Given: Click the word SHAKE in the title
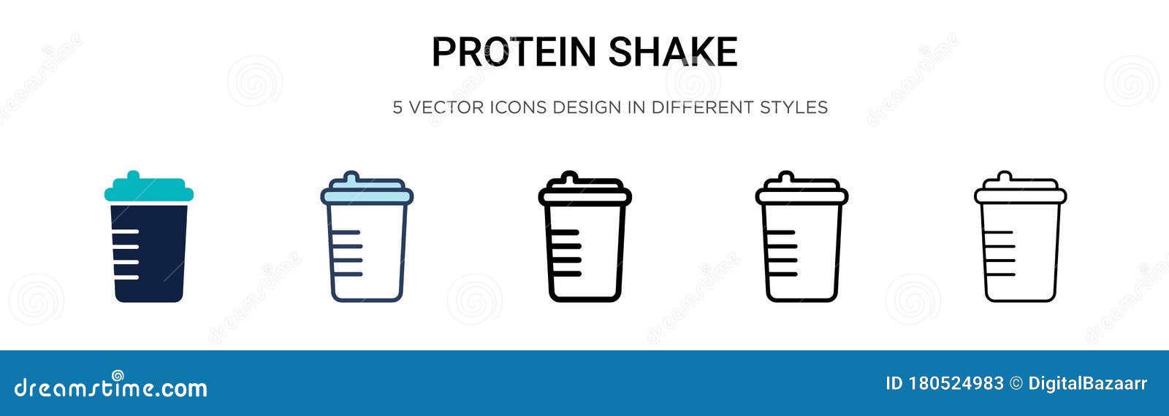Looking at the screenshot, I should coord(672,52).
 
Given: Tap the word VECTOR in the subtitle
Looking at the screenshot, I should coord(446,107).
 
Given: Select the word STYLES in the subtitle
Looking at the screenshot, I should coord(793,107).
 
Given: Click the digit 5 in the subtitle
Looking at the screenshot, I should coord(397,107).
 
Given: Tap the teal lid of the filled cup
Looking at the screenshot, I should coord(149,193).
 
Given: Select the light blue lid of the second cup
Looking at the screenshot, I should coord(367,196).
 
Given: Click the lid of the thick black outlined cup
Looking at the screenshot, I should coord(584,195).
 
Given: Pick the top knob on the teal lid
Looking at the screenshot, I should coord(133,176).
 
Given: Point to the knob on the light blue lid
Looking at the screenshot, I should coord(351,177).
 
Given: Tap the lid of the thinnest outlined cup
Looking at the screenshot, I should coord(1020,195).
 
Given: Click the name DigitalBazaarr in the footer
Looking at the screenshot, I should coord(1087,384).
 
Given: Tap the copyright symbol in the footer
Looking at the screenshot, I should coord(1016,384).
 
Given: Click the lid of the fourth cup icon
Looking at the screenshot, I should coord(801,195).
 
